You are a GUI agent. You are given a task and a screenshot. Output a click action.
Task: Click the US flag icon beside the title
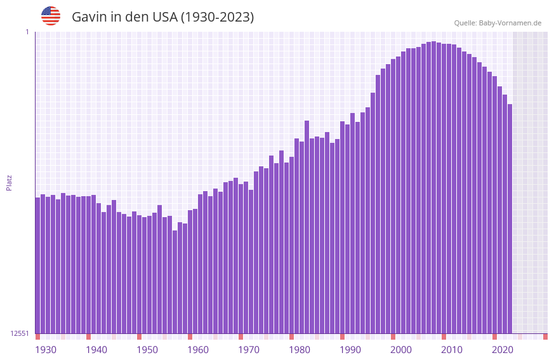coord(51,16)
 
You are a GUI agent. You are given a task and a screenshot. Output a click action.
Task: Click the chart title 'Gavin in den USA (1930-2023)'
coord(162,17)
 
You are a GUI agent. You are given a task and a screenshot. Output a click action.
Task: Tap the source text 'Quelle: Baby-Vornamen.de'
coord(498,23)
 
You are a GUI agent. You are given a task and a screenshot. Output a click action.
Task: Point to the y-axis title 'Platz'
coord(9,182)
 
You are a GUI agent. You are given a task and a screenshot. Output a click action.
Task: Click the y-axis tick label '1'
coord(27,32)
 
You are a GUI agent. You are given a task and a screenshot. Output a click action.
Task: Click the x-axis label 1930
coord(46,350)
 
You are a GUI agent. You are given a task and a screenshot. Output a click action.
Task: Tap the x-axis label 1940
coord(96,350)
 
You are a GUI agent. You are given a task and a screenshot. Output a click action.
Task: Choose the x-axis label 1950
coord(147,350)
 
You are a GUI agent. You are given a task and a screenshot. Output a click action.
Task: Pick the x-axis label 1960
coord(198,350)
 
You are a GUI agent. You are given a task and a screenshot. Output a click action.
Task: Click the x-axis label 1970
coord(249,350)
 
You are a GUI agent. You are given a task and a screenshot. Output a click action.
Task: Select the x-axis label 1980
coord(300,350)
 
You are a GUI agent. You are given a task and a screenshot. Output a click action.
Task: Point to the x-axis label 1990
coord(350,350)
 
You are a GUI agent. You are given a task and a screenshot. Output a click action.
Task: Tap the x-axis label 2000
coord(401,350)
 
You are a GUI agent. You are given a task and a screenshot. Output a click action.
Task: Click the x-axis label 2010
coord(452,350)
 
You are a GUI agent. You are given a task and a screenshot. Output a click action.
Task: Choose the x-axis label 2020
coord(503,350)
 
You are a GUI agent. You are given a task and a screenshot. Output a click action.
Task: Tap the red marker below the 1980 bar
coord(291,337)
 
